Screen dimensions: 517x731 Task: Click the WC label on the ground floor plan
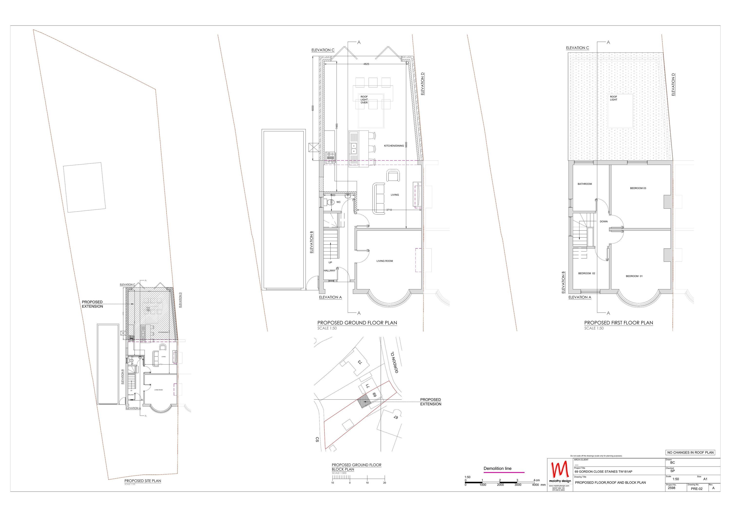338,202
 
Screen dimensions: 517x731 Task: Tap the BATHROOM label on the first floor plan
585,184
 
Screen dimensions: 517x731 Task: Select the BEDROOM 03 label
638,188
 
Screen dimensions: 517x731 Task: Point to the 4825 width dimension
366,64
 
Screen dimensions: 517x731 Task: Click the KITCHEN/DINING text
394,146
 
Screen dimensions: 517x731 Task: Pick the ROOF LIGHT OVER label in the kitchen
364,100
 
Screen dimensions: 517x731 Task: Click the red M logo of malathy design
560,469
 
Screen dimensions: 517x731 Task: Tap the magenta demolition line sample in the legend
504,472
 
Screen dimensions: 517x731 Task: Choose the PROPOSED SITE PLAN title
143,481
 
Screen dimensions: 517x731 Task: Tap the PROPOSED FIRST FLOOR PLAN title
618,323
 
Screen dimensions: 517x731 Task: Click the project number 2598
672,488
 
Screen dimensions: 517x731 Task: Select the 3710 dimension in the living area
389,210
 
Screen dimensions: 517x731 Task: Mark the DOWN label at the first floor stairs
603,221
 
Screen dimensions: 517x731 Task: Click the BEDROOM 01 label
634,276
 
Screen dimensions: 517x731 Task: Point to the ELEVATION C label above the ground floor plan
323,50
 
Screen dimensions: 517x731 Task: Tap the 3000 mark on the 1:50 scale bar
518,485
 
